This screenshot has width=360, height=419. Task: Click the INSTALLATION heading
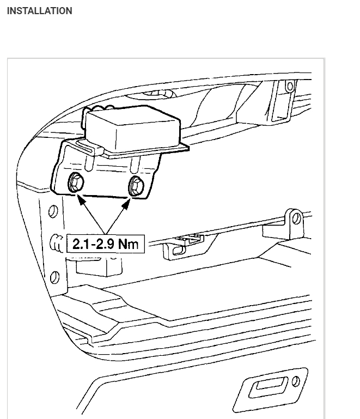(x=39, y=11)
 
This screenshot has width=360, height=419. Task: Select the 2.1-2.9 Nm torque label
(x=105, y=243)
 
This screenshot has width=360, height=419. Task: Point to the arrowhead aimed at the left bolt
(x=80, y=199)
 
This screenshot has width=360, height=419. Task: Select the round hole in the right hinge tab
(x=296, y=219)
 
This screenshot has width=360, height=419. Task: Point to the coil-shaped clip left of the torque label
(x=56, y=240)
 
